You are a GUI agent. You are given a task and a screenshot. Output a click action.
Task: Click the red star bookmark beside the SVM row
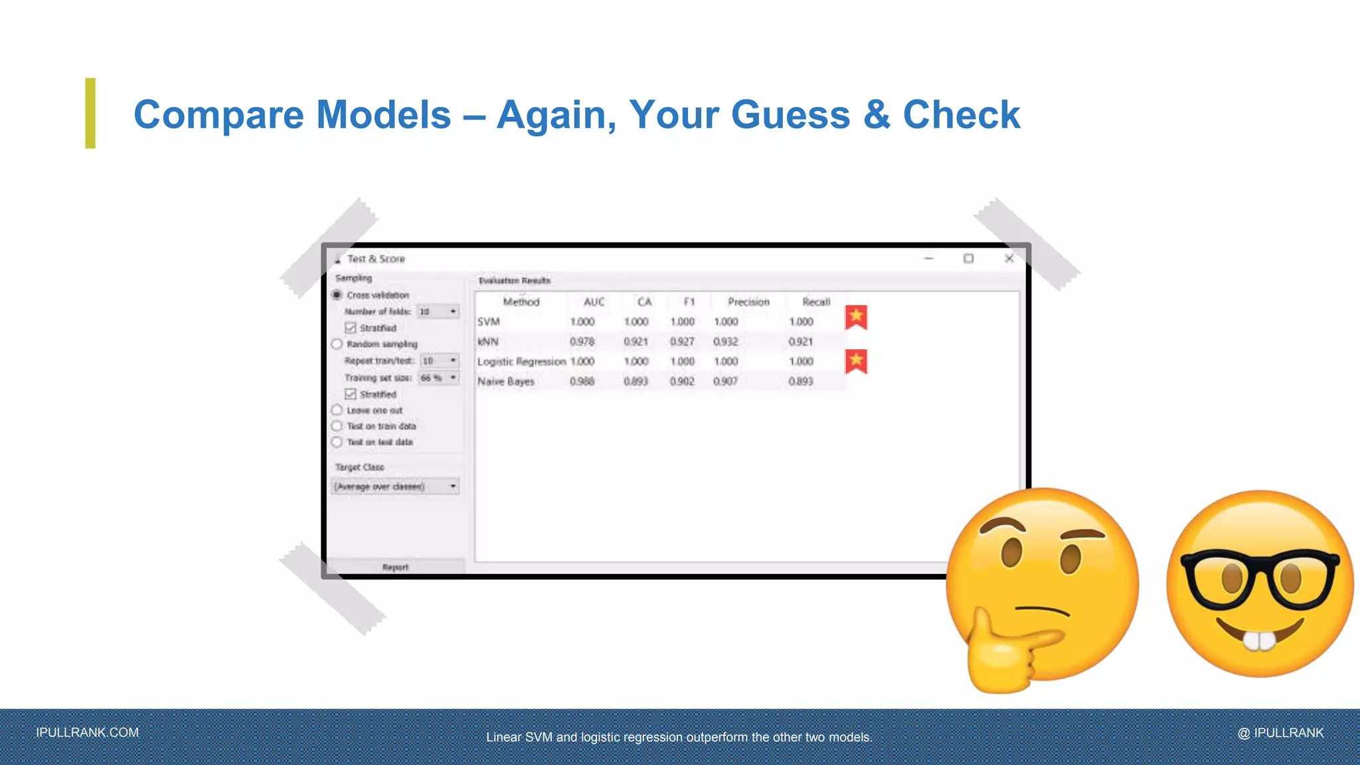click(x=856, y=317)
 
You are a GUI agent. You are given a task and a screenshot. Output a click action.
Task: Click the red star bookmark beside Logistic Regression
click(x=856, y=361)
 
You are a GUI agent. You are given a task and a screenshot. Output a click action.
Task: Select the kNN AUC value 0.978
click(x=582, y=341)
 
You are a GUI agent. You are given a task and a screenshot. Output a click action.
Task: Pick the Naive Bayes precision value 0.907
click(x=725, y=381)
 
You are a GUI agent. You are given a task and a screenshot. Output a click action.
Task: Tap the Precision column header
click(x=748, y=301)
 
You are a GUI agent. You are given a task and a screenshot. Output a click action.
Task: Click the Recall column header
click(x=816, y=301)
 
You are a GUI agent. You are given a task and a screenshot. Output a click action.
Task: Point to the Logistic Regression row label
click(x=521, y=361)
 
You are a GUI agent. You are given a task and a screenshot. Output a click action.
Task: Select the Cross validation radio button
click(x=337, y=295)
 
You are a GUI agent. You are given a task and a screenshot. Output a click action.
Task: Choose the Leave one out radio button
click(x=337, y=410)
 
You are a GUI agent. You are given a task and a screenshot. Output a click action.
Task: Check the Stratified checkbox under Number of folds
click(x=351, y=328)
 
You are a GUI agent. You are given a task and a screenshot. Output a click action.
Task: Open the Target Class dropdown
click(x=396, y=487)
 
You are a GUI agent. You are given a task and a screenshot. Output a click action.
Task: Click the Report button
click(x=396, y=567)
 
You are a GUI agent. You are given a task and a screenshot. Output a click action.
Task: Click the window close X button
click(x=1009, y=258)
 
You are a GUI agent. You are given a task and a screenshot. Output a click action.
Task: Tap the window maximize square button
click(x=968, y=258)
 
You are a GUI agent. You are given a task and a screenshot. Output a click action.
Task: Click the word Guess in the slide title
click(x=790, y=115)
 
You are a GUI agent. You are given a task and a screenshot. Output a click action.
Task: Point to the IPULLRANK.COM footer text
click(x=88, y=732)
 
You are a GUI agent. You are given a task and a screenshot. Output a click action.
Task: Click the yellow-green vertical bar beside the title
click(x=90, y=113)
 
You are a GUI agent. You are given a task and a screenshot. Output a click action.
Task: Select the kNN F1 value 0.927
click(x=682, y=341)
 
